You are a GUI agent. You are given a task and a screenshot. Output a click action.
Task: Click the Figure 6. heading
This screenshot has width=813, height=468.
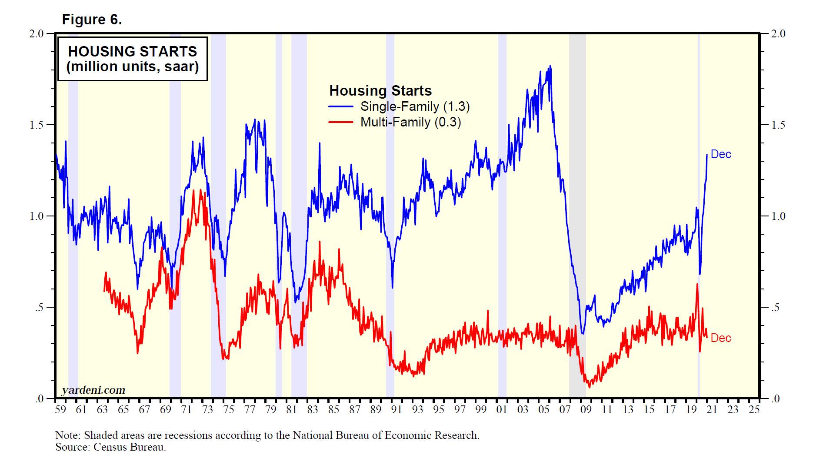pos(92,20)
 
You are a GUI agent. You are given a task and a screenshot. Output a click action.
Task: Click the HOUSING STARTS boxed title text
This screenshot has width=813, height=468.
pos(133,52)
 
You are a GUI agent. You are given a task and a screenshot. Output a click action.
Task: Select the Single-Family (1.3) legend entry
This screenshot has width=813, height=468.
pos(415,106)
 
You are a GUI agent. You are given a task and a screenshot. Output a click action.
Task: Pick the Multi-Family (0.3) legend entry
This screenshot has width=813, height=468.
pos(410,122)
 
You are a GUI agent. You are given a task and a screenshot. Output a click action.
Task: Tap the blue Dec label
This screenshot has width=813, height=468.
pos(721,154)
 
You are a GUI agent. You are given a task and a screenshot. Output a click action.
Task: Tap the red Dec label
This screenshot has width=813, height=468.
pos(721,338)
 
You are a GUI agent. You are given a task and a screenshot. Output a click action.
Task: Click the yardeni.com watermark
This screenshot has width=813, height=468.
pos(93,390)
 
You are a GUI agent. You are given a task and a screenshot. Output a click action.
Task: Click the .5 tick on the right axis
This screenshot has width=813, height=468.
pos(775,308)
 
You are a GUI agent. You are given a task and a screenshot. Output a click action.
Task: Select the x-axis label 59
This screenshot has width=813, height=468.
pos(60,409)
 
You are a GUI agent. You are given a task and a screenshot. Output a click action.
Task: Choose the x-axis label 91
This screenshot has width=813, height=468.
pos(397,409)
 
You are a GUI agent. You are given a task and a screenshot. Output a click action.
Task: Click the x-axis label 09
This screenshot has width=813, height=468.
pos(586,409)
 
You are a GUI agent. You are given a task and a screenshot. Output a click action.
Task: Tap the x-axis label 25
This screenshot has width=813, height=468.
pos(754,409)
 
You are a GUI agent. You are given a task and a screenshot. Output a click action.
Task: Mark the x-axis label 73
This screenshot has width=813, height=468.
pos(207,409)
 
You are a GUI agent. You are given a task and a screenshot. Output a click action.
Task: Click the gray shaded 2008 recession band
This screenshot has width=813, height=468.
pos(577,217)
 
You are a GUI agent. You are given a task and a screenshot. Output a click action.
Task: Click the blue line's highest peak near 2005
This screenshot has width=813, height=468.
pos(550,66)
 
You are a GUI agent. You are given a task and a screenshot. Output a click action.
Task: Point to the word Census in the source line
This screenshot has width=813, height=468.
pos(110,447)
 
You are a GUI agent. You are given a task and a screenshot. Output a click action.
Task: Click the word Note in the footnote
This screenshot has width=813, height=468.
pos(67,435)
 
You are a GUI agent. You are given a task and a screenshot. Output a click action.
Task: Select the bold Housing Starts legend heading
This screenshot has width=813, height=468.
pos(380,91)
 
